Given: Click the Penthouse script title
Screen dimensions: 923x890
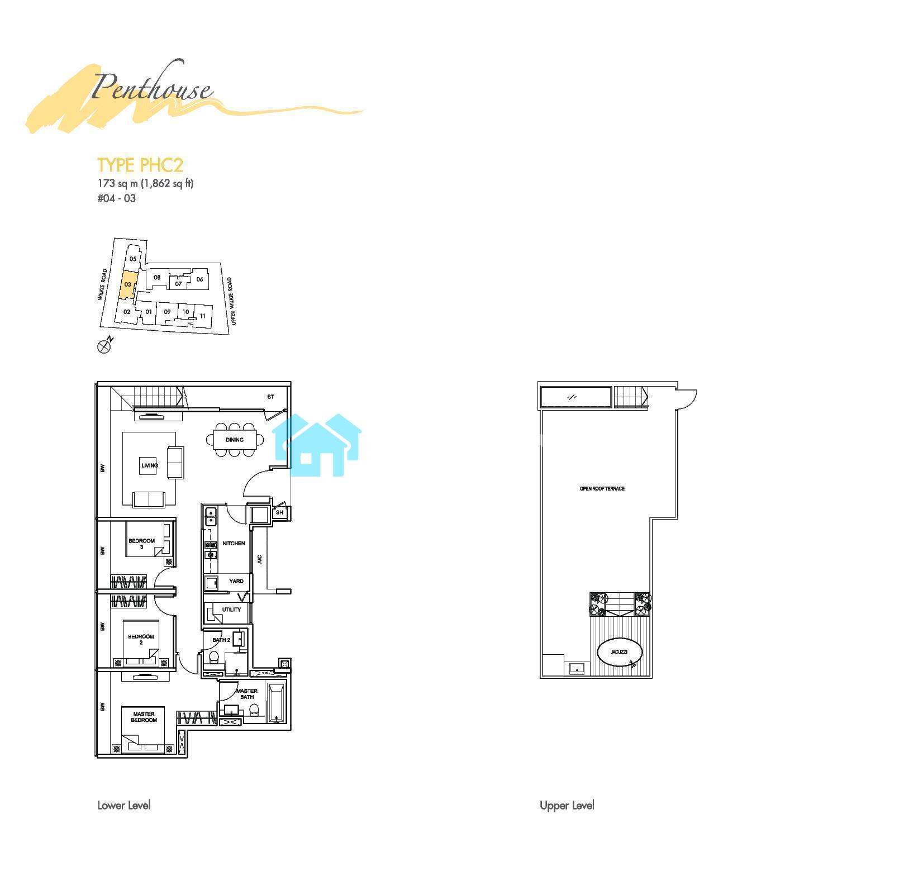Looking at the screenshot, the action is point(151,88).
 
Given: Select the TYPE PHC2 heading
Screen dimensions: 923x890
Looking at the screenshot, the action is point(140,165).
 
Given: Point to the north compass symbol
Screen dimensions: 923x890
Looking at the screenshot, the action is point(106,346).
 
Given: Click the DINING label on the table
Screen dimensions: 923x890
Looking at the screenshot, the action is point(235,440).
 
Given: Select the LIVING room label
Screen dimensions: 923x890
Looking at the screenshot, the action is point(150,465).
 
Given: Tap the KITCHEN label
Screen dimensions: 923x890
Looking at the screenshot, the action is point(234,543).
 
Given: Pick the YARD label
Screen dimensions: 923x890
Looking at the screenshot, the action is point(236,581).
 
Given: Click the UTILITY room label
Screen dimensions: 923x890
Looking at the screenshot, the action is point(232,610).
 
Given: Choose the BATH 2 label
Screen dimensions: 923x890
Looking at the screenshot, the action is point(221,640).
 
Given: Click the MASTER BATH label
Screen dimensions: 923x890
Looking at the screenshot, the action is point(247,694).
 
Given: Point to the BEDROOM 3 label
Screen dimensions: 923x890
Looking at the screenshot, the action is point(142,544).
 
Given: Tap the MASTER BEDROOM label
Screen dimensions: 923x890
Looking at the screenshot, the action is point(144,717).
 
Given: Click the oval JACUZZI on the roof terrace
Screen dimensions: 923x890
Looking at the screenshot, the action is point(620,652).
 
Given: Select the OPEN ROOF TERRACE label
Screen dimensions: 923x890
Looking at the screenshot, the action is point(602,489).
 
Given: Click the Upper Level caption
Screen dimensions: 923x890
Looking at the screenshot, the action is point(567,805).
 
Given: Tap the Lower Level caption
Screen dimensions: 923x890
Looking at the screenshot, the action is point(124,805).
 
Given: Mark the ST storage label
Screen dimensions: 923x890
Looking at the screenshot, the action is point(270,397).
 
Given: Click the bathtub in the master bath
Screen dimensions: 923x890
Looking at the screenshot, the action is point(277,703).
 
